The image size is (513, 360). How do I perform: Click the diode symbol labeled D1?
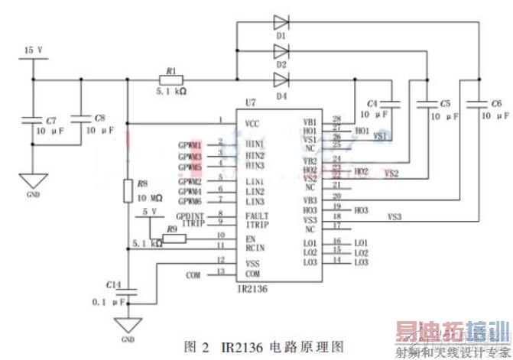point(281,23)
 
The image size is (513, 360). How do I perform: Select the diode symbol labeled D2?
point(281,50)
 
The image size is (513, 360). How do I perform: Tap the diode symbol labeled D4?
point(281,79)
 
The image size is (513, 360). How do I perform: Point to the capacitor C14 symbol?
point(128,291)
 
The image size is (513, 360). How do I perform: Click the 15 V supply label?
point(34,50)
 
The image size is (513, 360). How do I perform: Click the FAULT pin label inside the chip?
point(257,216)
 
